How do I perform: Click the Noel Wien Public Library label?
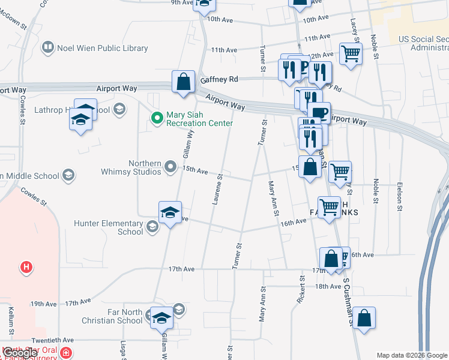pyautogui.click(x=102, y=47)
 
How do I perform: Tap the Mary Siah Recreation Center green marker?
pyautogui.click(x=157, y=118)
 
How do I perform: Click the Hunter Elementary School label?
pyautogui.click(x=109, y=227)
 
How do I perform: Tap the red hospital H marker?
pyautogui.click(x=26, y=267)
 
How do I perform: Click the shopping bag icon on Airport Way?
pyautogui.click(x=183, y=82)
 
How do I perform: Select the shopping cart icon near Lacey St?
pyautogui.click(x=351, y=53)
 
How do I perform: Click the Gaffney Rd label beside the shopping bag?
pyautogui.click(x=220, y=79)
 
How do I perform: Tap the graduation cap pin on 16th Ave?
pyautogui.click(x=170, y=212)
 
